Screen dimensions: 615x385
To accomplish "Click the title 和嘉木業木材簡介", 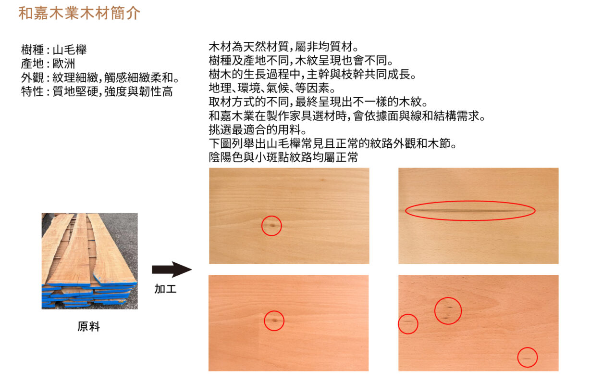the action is click(79, 13).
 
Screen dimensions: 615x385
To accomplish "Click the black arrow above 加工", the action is click(172, 269).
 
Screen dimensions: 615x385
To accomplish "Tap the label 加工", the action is click(165, 289).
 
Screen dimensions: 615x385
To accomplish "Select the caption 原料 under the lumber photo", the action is click(89, 326).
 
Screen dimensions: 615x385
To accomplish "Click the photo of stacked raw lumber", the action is click(90, 261).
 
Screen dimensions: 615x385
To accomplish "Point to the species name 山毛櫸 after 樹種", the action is click(70, 50).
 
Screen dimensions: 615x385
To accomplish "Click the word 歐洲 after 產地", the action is click(64, 64).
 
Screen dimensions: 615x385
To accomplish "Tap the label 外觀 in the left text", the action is click(32, 77).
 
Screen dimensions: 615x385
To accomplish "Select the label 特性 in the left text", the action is click(32, 91).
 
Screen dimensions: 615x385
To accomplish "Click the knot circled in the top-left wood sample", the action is click(272, 226).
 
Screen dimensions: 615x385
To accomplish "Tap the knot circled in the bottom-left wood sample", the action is click(274, 321).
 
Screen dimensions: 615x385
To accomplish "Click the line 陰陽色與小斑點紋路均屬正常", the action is click(283, 157).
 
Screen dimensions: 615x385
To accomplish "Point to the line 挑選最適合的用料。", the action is click(258, 129).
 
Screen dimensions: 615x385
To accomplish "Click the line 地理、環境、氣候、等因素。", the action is click(272, 88).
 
